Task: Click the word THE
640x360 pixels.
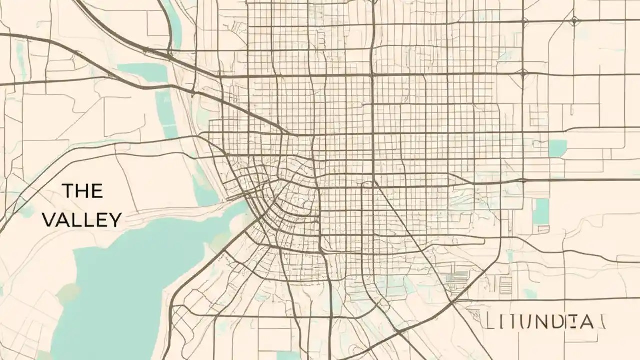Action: (x=83, y=190)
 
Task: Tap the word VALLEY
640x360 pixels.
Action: (x=82, y=220)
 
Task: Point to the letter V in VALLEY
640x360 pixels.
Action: (x=49, y=220)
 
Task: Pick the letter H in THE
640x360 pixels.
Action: (x=83, y=190)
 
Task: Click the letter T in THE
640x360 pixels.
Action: (x=68, y=190)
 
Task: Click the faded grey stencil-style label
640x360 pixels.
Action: (x=545, y=320)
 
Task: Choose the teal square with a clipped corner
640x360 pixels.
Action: (x=557, y=148)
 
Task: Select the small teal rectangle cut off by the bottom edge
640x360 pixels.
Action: (x=288, y=355)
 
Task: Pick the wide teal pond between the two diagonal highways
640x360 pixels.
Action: (x=142, y=73)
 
